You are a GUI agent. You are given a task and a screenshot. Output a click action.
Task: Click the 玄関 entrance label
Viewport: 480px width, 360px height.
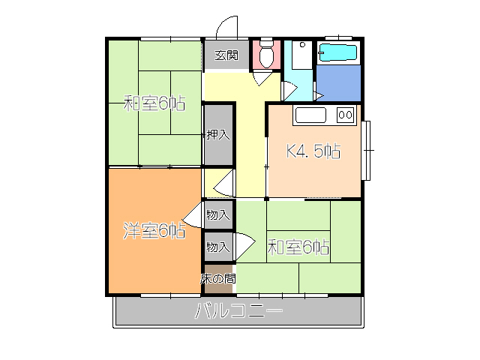tap(226, 55)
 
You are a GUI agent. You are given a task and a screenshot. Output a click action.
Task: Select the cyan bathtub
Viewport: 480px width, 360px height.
tap(338, 52)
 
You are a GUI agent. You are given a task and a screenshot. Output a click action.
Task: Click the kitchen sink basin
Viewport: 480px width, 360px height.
tap(310, 115)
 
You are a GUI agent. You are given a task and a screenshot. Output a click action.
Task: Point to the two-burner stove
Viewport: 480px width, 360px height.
tap(345, 115)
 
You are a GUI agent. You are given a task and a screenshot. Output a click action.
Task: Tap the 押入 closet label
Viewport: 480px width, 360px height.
tap(218, 135)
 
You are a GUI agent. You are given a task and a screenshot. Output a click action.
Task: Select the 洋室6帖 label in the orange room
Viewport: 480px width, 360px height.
tap(154, 231)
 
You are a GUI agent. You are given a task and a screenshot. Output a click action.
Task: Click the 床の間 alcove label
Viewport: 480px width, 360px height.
tap(218, 278)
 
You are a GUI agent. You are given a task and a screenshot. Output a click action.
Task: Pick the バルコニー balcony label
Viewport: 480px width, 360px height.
tap(238, 311)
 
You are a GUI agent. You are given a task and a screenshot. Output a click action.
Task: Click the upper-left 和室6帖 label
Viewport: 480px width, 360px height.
tap(154, 103)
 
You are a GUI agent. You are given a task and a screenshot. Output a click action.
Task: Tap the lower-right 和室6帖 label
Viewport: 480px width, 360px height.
tap(299, 246)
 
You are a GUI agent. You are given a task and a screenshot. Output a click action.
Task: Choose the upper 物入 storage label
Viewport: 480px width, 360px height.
tap(217, 215)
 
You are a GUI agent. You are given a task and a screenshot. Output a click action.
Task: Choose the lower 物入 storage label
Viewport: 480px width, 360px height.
tap(217, 246)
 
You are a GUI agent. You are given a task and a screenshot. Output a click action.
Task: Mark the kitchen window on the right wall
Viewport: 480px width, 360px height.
tap(367, 150)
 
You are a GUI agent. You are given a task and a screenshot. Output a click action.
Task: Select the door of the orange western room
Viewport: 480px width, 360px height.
tap(193, 216)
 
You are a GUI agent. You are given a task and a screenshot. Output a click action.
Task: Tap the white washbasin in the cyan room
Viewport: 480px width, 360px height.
tap(298, 55)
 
